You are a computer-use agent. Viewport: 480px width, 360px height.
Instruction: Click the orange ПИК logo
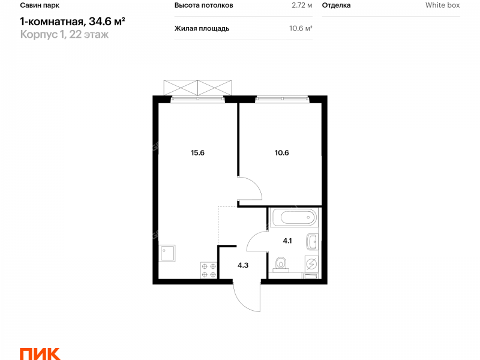pos(40,354)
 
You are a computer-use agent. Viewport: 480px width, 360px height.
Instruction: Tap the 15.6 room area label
pos(197,152)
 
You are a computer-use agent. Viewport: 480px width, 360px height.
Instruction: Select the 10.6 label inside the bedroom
pos(281,152)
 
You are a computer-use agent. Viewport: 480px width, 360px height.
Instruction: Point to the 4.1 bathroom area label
pos(287,241)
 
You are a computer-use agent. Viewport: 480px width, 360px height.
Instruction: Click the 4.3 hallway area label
pos(243,265)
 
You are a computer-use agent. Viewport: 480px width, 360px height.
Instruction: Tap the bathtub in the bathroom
pos(294,218)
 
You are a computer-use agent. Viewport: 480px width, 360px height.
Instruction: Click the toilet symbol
pos(281,265)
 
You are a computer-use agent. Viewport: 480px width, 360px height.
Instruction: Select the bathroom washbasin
pos(312,242)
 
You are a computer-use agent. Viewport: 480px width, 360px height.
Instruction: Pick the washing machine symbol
pos(311,263)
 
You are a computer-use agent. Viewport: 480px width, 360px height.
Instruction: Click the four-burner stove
pos(209,271)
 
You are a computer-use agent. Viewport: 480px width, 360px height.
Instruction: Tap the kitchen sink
pos(167,253)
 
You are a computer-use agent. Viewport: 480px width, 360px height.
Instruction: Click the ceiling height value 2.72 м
pos(302,5)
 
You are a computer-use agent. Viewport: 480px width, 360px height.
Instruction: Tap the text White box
pos(442,5)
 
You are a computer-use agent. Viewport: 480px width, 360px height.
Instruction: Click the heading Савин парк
pos(40,5)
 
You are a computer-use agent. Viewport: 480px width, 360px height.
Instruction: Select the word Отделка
pos(336,5)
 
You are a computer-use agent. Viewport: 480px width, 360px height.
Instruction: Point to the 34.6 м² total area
pos(107,22)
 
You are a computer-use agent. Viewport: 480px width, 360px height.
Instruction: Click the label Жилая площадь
pos(202,28)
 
